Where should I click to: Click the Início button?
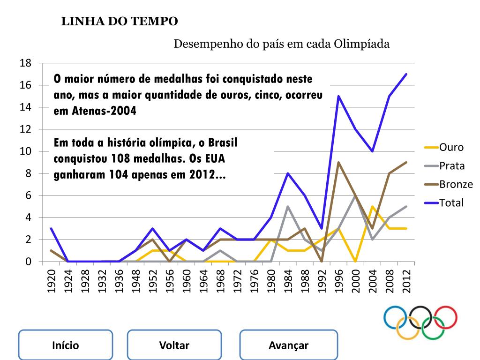pyautogui.click(x=65, y=345)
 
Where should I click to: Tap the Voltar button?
pyautogui.click(x=174, y=345)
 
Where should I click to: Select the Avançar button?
pyautogui.click(x=288, y=345)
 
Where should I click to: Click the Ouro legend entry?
pyautogui.click(x=450, y=147)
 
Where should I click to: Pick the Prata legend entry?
pyautogui.click(x=451, y=165)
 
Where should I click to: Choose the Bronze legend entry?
pyautogui.click(x=455, y=184)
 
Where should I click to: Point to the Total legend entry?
pyautogui.click(x=451, y=202)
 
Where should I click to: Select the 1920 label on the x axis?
pyautogui.click(x=52, y=281)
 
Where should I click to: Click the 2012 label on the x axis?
pyautogui.click(x=406, y=281)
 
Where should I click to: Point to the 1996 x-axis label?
pyautogui.click(x=338, y=281)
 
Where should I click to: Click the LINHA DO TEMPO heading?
pyautogui.click(x=120, y=21)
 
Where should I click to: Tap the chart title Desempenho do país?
pyautogui.click(x=282, y=44)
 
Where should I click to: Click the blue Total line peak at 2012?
pyautogui.click(x=406, y=74)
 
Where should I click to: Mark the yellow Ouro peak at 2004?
pyautogui.click(x=372, y=206)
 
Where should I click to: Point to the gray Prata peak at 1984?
pyautogui.click(x=288, y=206)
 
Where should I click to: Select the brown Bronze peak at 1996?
pyautogui.click(x=338, y=162)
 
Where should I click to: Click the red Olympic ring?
pyautogui.click(x=445, y=317)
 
